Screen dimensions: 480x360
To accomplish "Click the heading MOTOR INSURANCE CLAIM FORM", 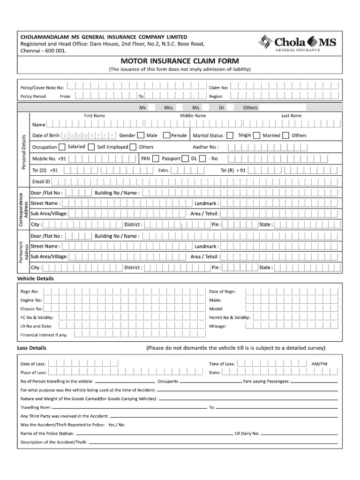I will coord(180,61).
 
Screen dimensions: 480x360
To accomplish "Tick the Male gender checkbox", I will coord(141,135).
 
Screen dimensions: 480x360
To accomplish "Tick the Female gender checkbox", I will coord(166,135).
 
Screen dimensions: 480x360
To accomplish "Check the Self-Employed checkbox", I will coord(91,147).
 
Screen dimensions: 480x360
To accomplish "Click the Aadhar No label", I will coord(206,147).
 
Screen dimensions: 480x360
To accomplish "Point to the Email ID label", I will coord(41,182).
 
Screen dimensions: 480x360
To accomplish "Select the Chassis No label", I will coord(31,309).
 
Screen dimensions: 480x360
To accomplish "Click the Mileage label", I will coord(217,326).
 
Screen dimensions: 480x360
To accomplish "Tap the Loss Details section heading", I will coord(31,348).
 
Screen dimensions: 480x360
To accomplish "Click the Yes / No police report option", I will coord(116,425).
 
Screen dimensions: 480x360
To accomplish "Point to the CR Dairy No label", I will coord(247,434).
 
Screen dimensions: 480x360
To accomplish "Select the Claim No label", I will coord(218,87).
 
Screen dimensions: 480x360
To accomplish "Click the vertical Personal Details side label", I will coord(23,152).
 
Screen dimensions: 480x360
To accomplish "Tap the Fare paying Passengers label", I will coord(266,382).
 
